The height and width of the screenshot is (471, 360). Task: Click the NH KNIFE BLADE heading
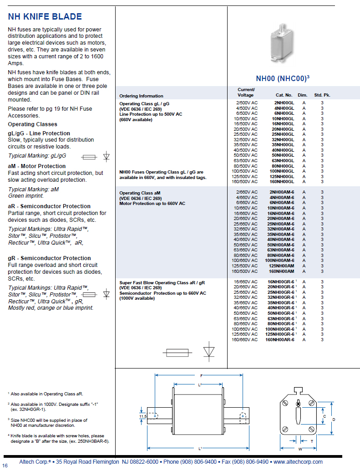45,16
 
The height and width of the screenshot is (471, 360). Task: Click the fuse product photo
282,43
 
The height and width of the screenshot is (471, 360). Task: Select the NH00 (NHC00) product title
283,78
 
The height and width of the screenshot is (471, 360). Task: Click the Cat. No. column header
284,95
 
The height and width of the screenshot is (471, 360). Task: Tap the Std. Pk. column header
322,95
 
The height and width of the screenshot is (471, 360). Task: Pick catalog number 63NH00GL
283,161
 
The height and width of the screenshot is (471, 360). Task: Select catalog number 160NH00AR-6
279,340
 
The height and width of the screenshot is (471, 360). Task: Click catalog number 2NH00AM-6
282,192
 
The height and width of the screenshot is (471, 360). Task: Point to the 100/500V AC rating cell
244,171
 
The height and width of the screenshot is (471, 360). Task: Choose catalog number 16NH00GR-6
281,282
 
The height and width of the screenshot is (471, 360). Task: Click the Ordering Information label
141,96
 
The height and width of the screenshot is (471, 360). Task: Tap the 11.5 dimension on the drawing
143,416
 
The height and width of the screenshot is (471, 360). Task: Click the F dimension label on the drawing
201,375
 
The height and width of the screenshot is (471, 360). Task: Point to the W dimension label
300,449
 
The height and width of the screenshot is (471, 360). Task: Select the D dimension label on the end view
334,420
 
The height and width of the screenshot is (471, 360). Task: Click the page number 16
5,466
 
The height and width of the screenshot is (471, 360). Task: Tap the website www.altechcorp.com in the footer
298,462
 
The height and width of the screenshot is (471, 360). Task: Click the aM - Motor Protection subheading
36,166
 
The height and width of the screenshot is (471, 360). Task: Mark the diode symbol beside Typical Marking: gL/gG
106,157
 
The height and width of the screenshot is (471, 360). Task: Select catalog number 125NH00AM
281,266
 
